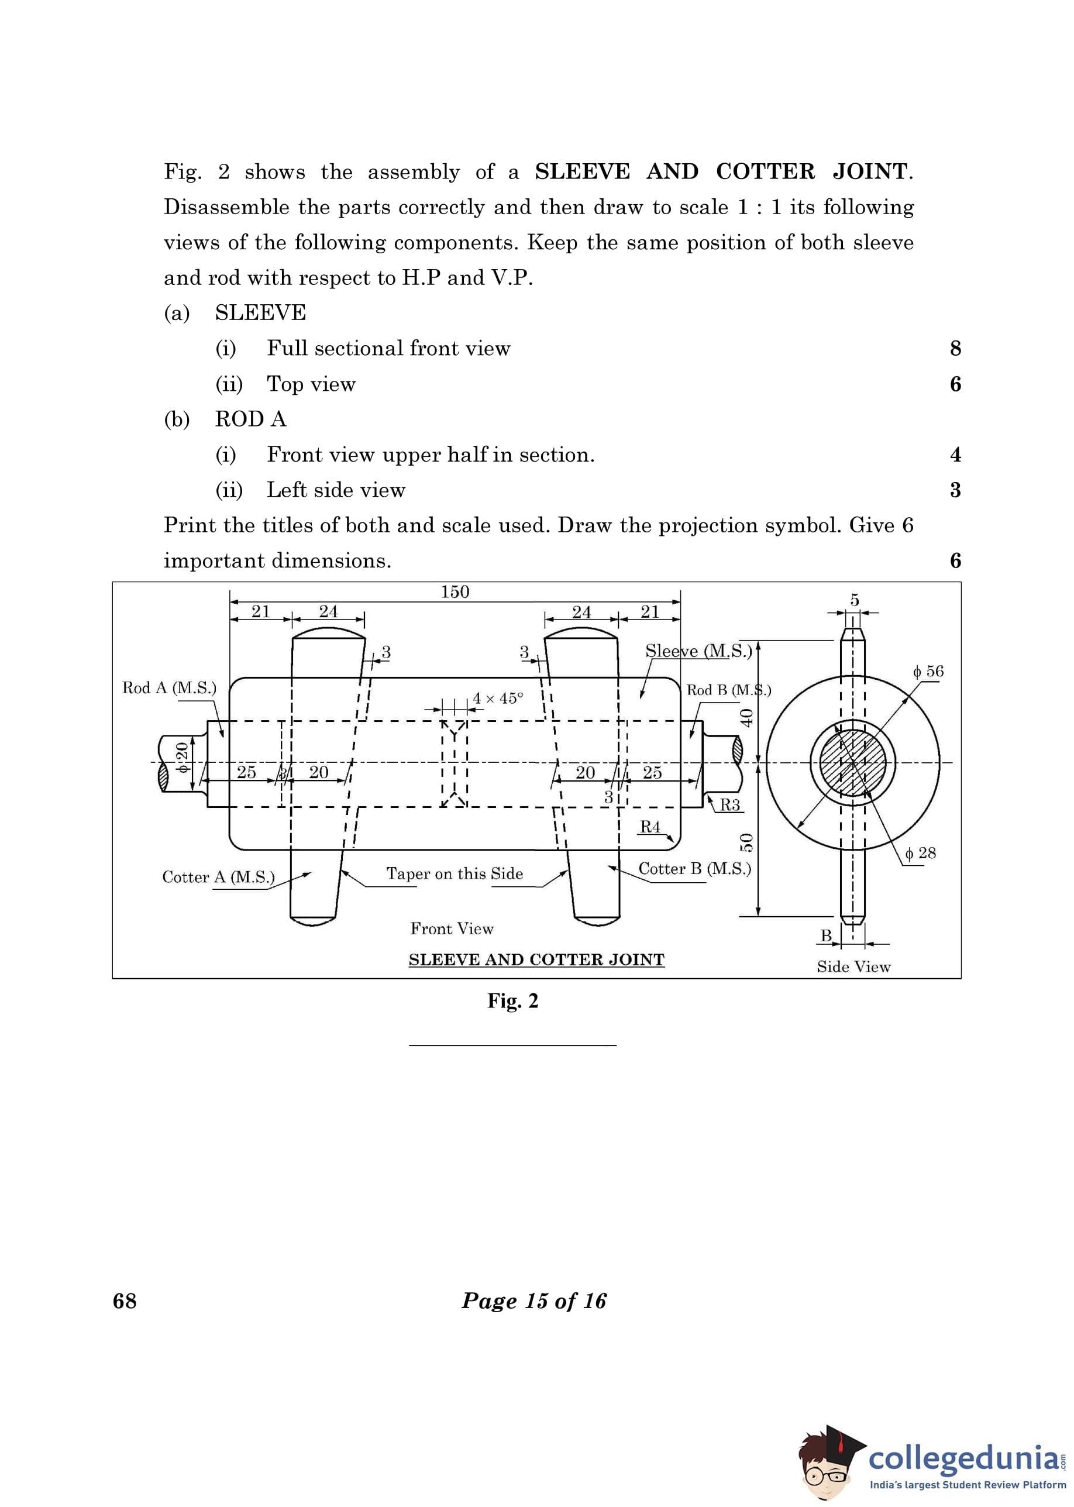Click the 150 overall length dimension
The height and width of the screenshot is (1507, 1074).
(455, 592)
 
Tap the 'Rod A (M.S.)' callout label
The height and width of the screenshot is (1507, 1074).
(169, 688)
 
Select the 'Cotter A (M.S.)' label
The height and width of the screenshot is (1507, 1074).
(218, 877)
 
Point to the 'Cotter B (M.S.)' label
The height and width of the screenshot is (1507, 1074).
(694, 869)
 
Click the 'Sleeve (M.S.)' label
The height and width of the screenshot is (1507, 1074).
(699, 651)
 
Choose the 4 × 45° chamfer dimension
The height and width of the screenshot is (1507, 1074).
(498, 699)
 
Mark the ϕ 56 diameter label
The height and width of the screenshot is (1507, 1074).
(928, 672)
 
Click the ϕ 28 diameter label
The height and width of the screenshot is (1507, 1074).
(921, 853)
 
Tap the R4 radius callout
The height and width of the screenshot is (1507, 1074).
(650, 827)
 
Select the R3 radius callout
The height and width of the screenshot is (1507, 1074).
(729, 805)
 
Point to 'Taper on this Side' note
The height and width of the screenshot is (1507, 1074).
(455, 873)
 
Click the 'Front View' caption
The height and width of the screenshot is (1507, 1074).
(452, 928)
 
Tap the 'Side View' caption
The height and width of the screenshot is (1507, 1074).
(854, 967)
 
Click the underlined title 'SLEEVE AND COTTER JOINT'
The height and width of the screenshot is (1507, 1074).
(536, 959)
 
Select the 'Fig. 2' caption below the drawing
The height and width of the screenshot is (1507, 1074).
(513, 1001)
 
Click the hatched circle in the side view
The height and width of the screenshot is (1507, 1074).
(852, 762)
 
